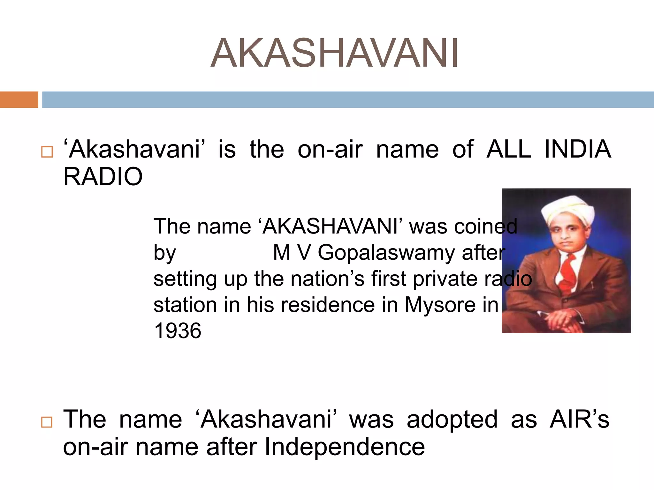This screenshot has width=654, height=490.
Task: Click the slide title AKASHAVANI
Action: [334, 53]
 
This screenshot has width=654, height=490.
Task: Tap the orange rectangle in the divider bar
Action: [19, 100]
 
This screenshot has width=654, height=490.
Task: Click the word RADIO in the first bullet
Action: [103, 177]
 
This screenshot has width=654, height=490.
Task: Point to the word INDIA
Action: [578, 149]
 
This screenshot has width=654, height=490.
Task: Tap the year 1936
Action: [178, 331]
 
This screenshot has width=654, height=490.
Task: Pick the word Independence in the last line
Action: [345, 447]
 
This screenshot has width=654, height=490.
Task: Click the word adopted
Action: [452, 419]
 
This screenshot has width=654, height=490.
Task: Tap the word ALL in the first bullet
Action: [509, 149]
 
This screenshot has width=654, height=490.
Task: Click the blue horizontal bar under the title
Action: [348, 100]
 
